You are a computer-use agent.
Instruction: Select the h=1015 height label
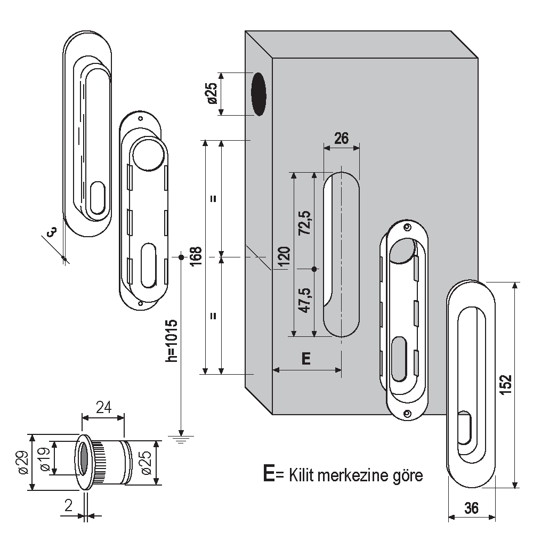(172, 342)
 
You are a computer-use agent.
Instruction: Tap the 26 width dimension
(341, 138)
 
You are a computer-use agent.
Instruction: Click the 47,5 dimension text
(305, 302)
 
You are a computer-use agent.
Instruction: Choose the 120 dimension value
(284, 257)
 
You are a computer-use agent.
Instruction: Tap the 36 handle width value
(471, 508)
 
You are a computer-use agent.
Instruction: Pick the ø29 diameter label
(22, 463)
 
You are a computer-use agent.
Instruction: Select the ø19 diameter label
(45, 459)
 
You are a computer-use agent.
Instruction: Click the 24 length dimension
(103, 408)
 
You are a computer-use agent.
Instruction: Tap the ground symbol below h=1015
(181, 439)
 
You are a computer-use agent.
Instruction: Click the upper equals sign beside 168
(213, 199)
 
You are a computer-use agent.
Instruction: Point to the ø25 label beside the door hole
(211, 93)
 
